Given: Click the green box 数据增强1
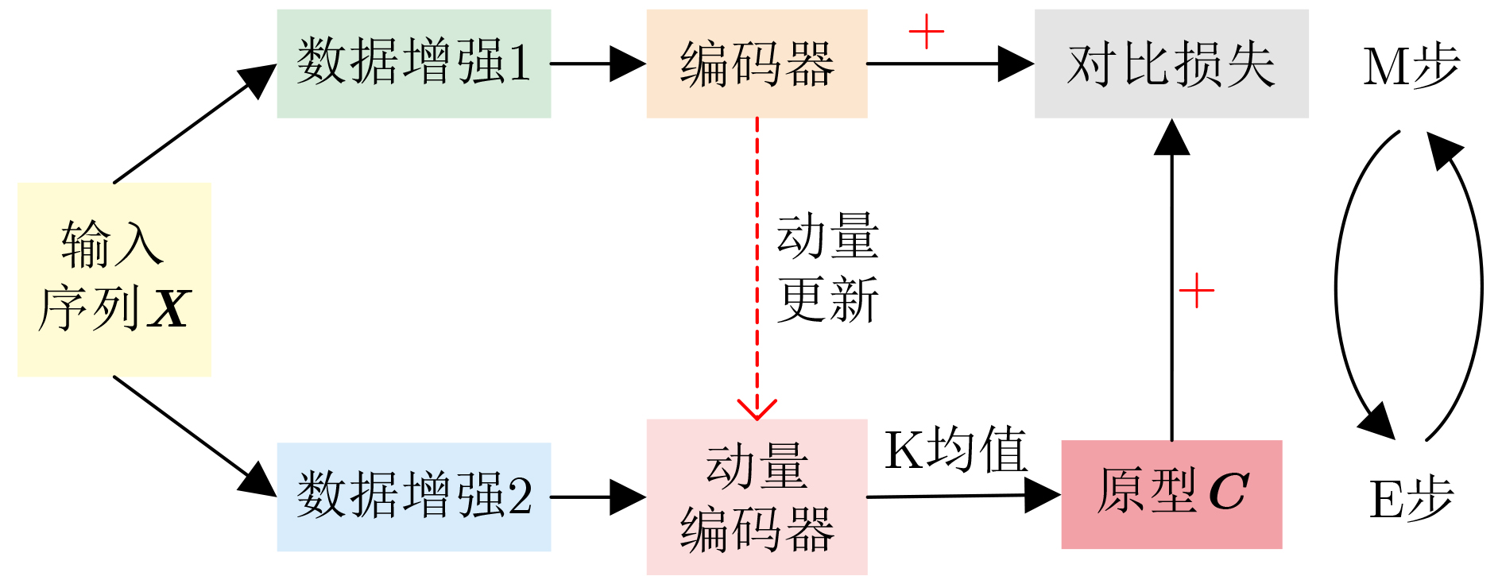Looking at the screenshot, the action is (413, 64).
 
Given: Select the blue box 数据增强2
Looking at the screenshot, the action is (413, 497).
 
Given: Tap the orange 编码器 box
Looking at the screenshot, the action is (757, 64).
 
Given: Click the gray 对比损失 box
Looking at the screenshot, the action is (1171, 64).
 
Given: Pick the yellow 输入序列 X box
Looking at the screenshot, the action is (114, 280).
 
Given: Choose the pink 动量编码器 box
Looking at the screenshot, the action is (757, 497).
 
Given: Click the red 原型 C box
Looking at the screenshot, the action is (1171, 494).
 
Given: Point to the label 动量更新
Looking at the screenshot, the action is (827, 268).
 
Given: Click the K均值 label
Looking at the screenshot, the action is (956, 449).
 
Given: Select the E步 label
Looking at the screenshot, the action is (1411, 499).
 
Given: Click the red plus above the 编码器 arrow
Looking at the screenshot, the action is (926, 32).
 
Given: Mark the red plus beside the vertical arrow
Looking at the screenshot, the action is (1196, 291).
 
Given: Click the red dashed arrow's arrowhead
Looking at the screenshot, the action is (757, 408).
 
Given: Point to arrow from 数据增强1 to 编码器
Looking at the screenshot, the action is (598, 64).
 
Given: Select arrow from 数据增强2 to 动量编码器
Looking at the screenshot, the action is (598, 497).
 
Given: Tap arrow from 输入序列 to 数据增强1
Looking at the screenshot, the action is (195, 124).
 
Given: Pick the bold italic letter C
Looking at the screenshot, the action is (1229, 492).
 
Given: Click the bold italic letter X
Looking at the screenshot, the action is (169, 309).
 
